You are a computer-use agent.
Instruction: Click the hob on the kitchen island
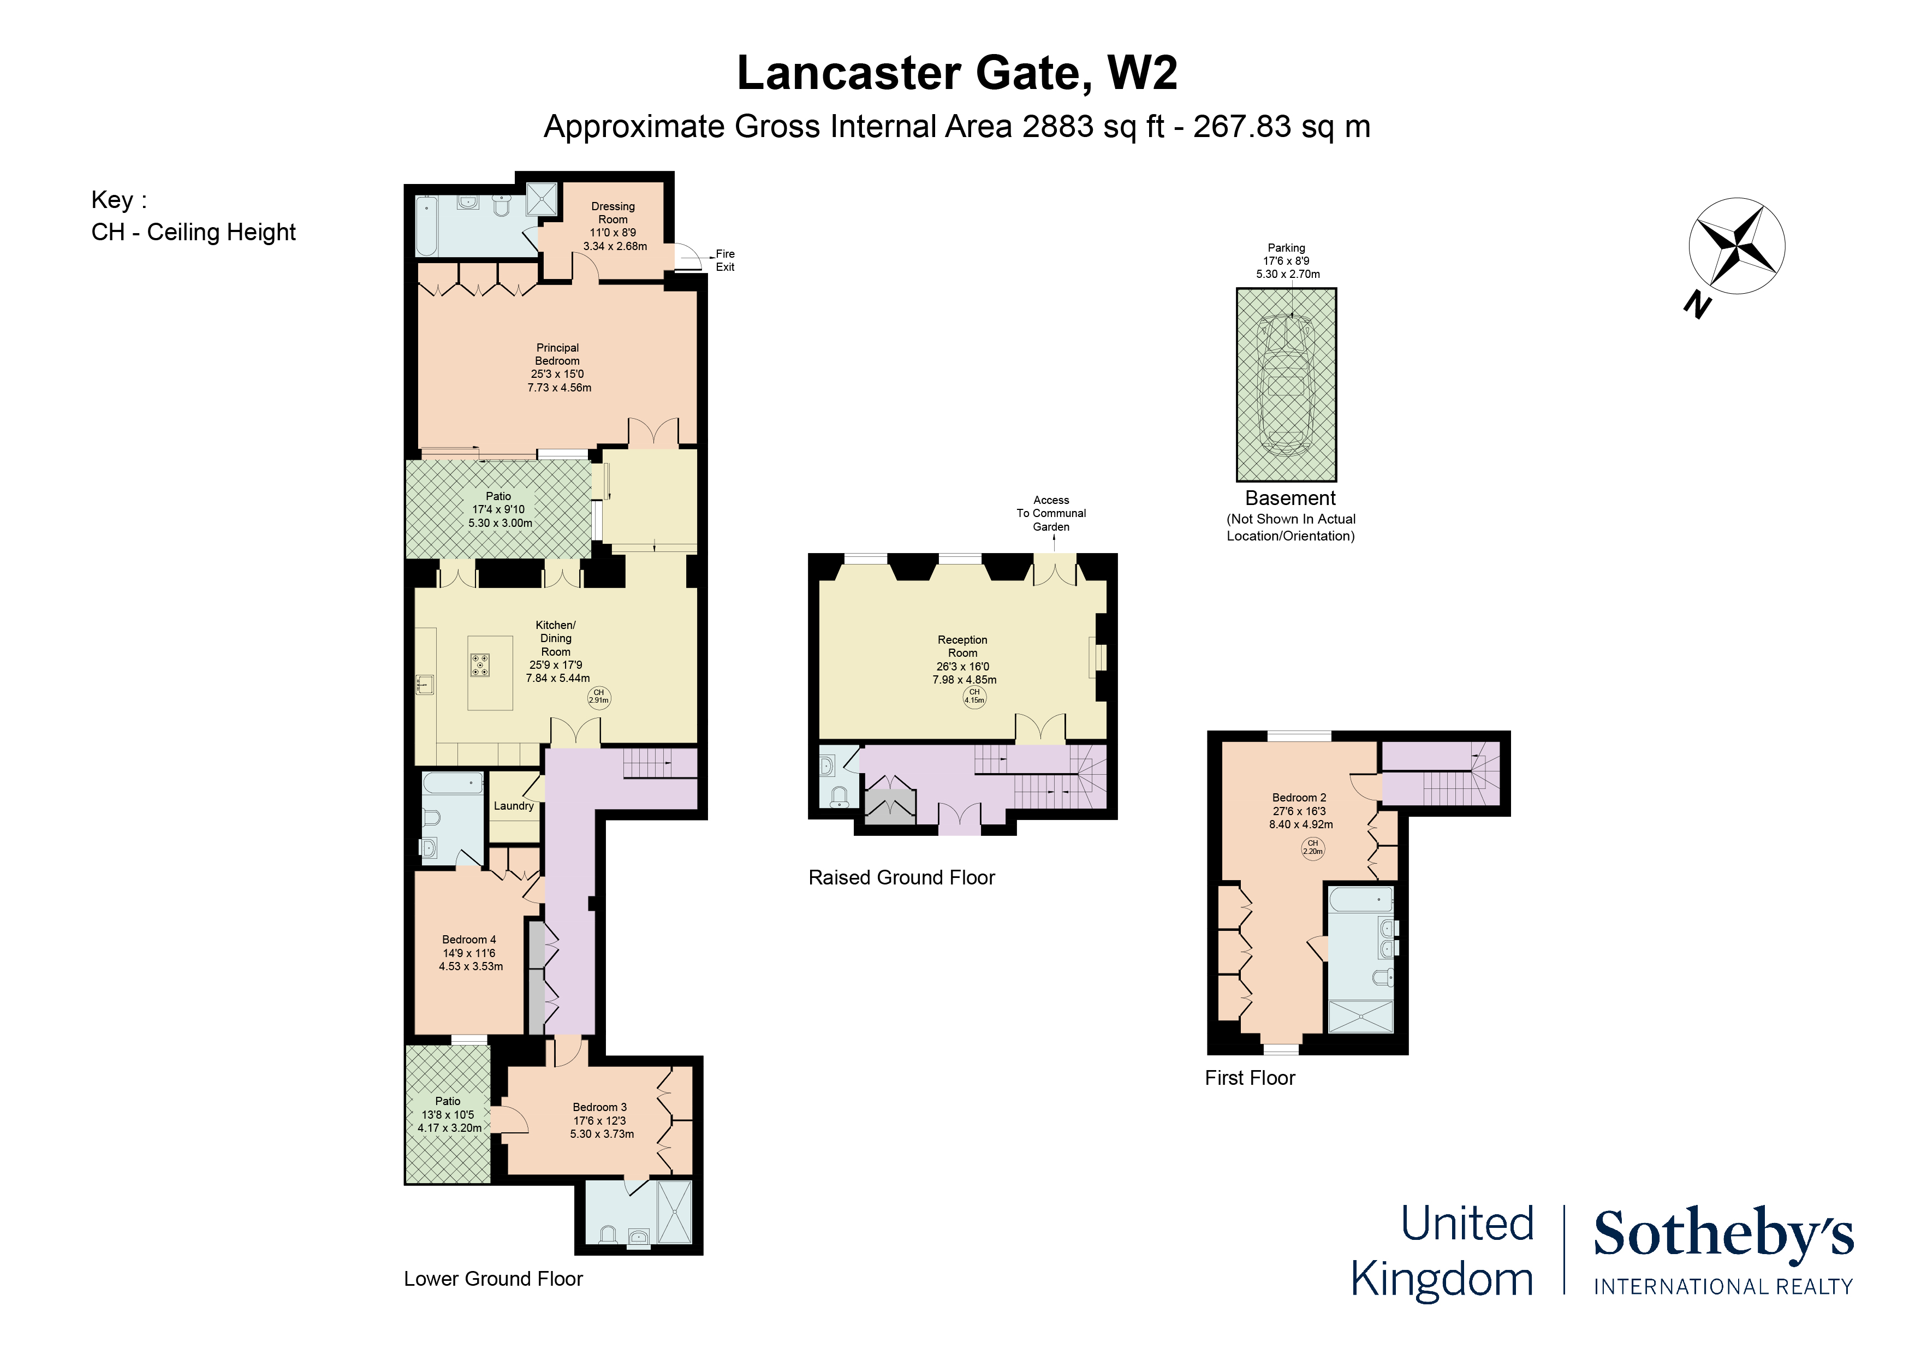coord(480,665)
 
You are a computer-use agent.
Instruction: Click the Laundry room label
coord(513,806)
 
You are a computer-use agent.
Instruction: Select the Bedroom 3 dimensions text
coord(600,1127)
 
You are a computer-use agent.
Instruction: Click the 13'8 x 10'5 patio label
coord(449,1114)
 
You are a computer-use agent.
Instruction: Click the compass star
coord(1736,246)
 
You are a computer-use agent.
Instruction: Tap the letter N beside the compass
coord(1697,305)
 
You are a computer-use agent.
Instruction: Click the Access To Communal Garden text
coord(1051,513)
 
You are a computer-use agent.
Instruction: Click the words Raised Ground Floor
coord(902,877)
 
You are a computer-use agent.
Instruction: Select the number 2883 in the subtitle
coord(1057,127)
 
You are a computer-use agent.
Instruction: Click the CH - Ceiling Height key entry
coord(193,232)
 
